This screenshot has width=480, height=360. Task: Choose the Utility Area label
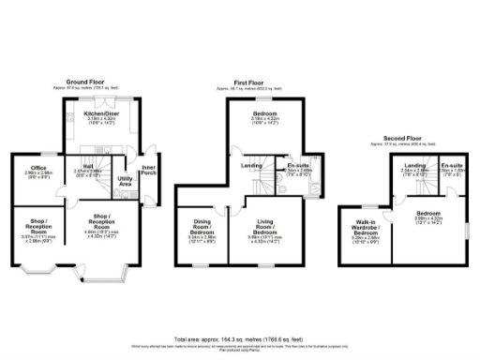(124, 182)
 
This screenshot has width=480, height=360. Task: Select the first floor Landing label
(251, 165)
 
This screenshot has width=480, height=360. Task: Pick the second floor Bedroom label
(428, 215)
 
